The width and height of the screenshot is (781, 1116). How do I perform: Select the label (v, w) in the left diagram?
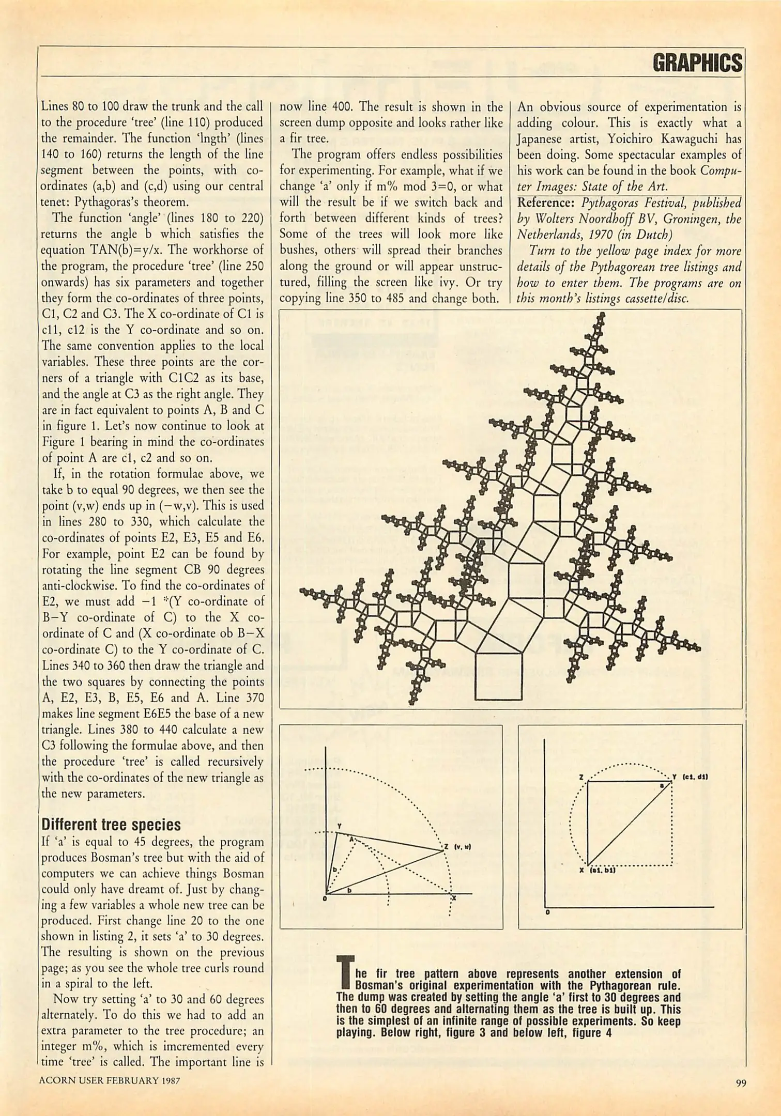[x=461, y=847]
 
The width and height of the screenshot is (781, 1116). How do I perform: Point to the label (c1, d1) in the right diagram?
[x=695, y=777]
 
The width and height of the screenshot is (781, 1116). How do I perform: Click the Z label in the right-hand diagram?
[x=581, y=777]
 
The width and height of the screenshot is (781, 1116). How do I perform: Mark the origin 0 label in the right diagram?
[x=547, y=912]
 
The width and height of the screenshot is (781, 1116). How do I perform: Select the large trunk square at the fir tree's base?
[x=498, y=676]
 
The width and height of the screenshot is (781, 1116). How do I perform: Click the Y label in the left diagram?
[x=339, y=827]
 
